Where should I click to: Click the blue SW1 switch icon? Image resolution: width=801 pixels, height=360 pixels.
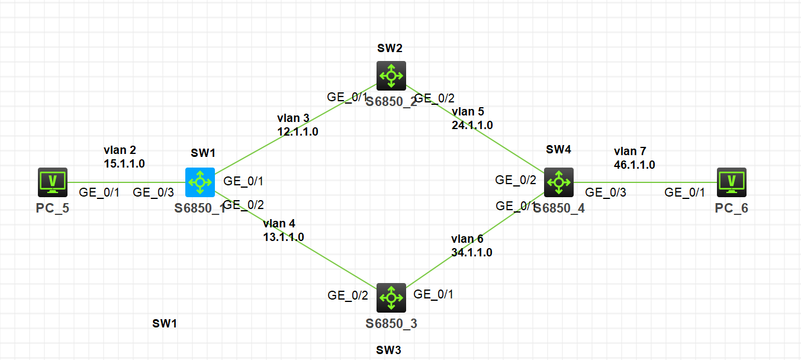[200, 182]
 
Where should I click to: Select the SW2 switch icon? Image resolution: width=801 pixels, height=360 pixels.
[391, 76]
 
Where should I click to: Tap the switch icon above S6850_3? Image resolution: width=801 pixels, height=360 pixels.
[391, 297]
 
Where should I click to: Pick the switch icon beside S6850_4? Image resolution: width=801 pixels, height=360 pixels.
[558, 182]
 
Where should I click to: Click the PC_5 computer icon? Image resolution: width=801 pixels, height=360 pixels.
[53, 182]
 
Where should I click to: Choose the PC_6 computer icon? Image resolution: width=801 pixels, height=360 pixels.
[731, 182]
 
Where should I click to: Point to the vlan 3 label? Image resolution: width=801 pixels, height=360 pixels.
[293, 118]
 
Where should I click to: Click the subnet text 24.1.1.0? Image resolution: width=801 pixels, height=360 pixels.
[472, 125]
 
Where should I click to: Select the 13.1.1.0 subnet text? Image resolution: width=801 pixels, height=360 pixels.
[284, 236]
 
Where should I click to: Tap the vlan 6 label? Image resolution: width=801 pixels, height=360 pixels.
[467, 239]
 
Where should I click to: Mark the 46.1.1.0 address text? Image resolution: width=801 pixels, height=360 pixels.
[635, 165]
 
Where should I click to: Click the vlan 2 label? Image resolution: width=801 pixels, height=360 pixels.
[120, 150]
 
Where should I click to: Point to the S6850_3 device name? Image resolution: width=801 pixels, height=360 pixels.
[391, 323]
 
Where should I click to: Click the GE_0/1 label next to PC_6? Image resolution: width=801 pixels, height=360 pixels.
[685, 192]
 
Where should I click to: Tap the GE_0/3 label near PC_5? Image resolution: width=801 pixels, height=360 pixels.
[153, 192]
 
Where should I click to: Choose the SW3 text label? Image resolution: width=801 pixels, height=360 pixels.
[388, 349]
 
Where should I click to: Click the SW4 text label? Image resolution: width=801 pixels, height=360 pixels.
[558, 149]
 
